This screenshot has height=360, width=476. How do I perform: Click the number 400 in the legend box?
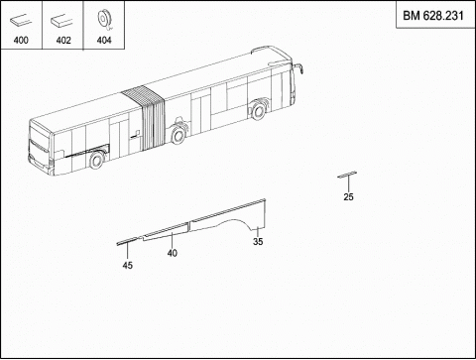tap(21, 41)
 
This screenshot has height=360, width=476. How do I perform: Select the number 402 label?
tap(63, 41)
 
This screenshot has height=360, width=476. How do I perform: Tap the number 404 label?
tap(104, 41)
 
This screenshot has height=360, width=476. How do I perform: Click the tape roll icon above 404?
tap(104, 19)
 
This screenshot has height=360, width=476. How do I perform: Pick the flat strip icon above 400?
tap(21, 21)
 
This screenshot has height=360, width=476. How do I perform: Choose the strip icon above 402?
tap(61, 21)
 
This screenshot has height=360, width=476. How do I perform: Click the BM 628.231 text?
tap(433, 16)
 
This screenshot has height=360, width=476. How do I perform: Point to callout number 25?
tap(348, 196)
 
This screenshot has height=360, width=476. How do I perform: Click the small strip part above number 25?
tap(347, 175)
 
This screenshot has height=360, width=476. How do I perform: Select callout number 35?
tap(258, 242)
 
